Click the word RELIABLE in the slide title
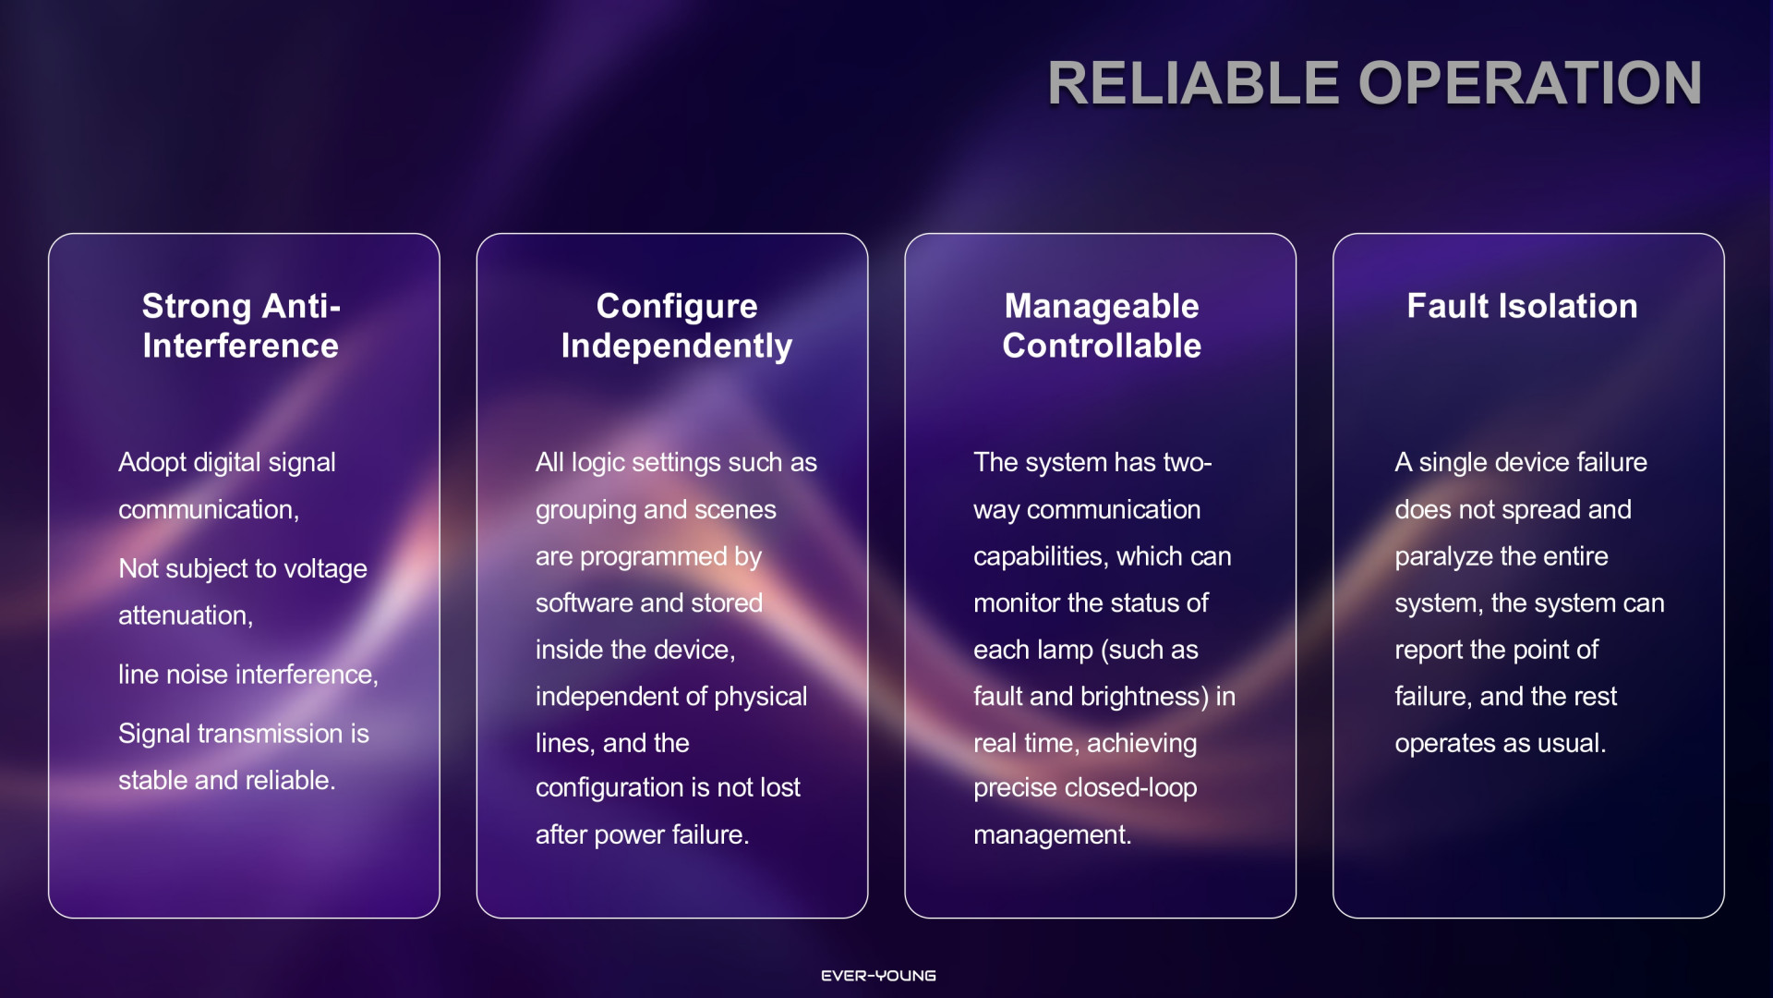(x=1193, y=83)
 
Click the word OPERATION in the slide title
(x=1531, y=83)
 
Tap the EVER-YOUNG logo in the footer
(x=878, y=976)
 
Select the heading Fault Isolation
(x=1522, y=306)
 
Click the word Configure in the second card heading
(x=677, y=307)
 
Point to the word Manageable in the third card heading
(x=1102, y=307)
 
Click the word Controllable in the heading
(x=1102, y=346)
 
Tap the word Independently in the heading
(x=677, y=347)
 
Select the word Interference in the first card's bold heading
(x=240, y=346)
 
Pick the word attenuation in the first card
(x=184, y=615)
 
